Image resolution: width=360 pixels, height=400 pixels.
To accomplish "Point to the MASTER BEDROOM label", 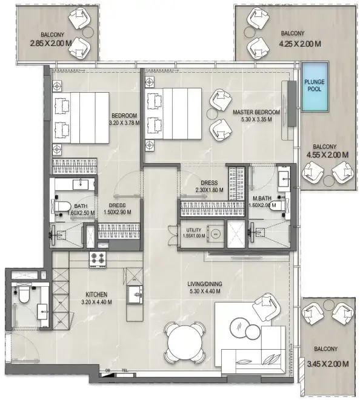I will click(256, 112).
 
